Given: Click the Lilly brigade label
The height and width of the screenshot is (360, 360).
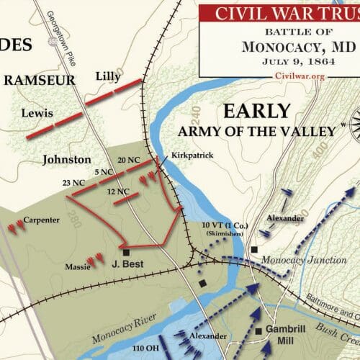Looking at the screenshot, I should pos(108,76).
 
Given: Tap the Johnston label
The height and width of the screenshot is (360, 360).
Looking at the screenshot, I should pos(67,160).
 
